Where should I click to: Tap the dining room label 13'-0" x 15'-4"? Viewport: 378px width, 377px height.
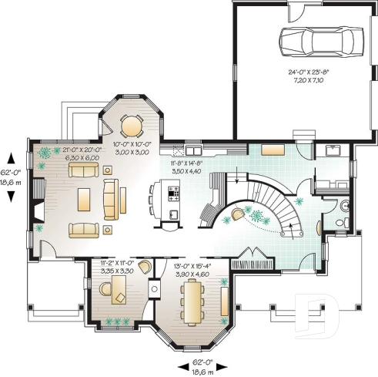192,269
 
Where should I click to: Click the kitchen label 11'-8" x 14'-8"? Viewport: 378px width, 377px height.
186,167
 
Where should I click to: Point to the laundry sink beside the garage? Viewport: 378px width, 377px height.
333,150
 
